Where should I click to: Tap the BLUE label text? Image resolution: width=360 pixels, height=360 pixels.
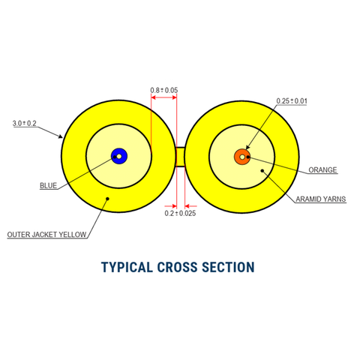[49, 184]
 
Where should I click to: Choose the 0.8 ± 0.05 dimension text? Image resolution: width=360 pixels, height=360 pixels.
[163, 91]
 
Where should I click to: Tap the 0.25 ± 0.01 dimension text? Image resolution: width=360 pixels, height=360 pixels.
[292, 100]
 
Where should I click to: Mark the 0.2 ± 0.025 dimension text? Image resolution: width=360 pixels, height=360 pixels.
[180, 214]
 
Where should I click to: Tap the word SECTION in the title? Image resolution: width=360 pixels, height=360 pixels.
[229, 267]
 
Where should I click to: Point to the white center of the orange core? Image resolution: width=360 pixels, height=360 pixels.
[242, 156]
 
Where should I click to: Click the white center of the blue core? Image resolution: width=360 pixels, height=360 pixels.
[118, 156]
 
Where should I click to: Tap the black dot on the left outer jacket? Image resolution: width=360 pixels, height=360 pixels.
[108, 199]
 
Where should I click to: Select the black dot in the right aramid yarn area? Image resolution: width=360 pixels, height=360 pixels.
[262, 171]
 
